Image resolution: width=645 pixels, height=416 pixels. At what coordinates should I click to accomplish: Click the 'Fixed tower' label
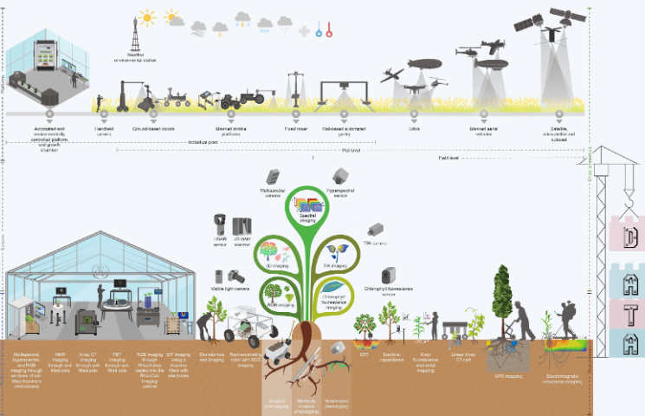coord(297,127)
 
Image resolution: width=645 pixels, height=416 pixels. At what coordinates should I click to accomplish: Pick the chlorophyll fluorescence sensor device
coord(389,273)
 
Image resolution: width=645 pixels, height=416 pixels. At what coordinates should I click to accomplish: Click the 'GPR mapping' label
coord(509,376)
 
